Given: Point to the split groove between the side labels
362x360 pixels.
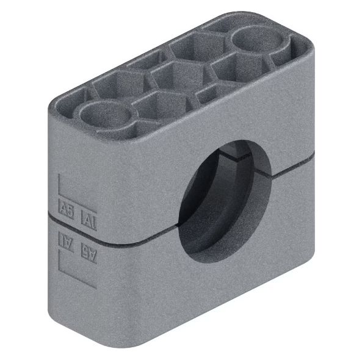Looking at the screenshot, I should (76, 229).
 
